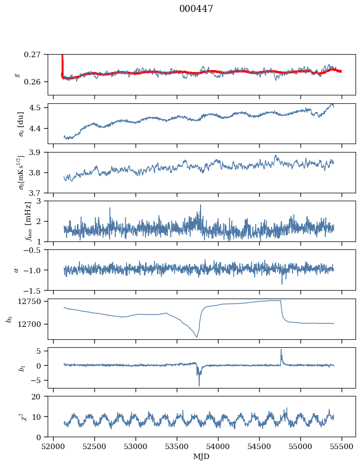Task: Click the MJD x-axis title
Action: (x=202, y=457)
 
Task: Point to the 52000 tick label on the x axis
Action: (x=54, y=446)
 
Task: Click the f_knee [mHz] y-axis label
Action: (x=28, y=221)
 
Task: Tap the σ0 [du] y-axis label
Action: (x=20, y=124)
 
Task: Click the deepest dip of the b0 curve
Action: (x=197, y=337)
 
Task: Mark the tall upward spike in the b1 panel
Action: (x=281, y=349)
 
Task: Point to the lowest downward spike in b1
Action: (x=199, y=386)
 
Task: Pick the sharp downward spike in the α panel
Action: (x=282, y=284)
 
